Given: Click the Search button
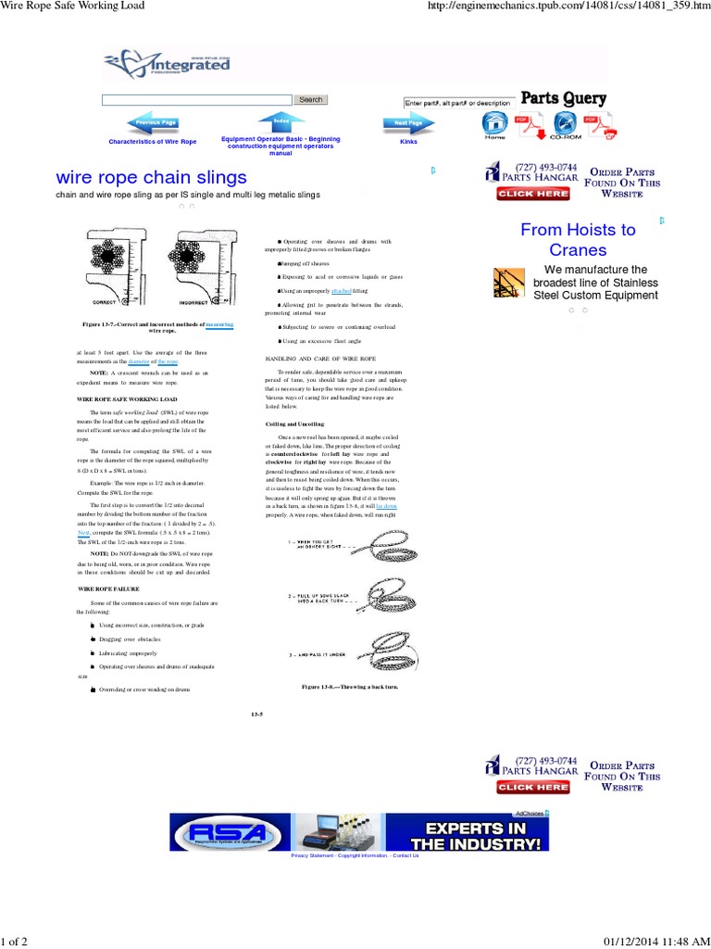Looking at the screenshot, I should [x=310, y=99].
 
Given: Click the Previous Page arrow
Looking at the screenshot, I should [x=154, y=122].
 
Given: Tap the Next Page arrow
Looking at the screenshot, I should [x=407, y=122].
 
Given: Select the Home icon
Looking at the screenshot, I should [x=494, y=125].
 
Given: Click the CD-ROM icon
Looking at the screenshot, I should [x=565, y=126].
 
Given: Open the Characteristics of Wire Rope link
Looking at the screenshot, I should [x=153, y=142].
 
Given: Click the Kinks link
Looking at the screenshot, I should [x=408, y=142].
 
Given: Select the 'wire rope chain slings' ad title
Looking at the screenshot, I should [x=152, y=176].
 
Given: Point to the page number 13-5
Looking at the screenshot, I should [x=257, y=713].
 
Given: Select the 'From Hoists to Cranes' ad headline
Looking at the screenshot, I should [x=578, y=239].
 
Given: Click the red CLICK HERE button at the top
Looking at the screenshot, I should [x=532, y=194].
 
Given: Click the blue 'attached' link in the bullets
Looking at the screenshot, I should [x=328, y=291].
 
